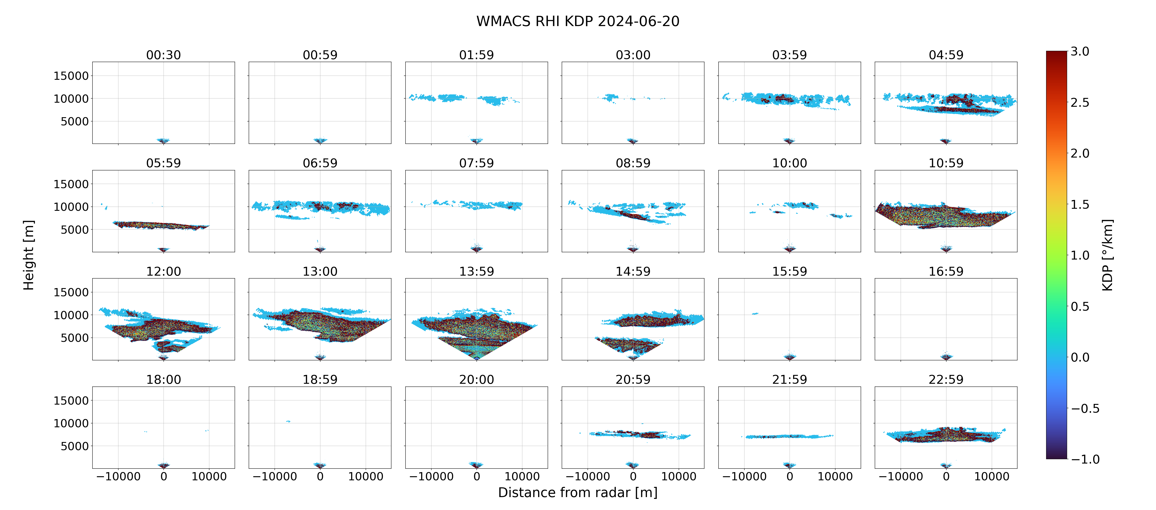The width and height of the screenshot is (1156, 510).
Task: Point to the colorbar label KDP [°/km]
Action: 1107,255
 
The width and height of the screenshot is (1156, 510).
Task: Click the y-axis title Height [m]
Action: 29,255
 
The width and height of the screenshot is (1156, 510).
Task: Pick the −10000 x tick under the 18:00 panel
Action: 119,476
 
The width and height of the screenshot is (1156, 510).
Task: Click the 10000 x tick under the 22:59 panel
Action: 992,476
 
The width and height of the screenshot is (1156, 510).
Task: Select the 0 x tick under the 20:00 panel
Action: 477,476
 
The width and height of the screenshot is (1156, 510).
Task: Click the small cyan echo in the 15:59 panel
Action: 755,313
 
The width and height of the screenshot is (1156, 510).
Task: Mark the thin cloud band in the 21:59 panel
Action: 789,436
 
